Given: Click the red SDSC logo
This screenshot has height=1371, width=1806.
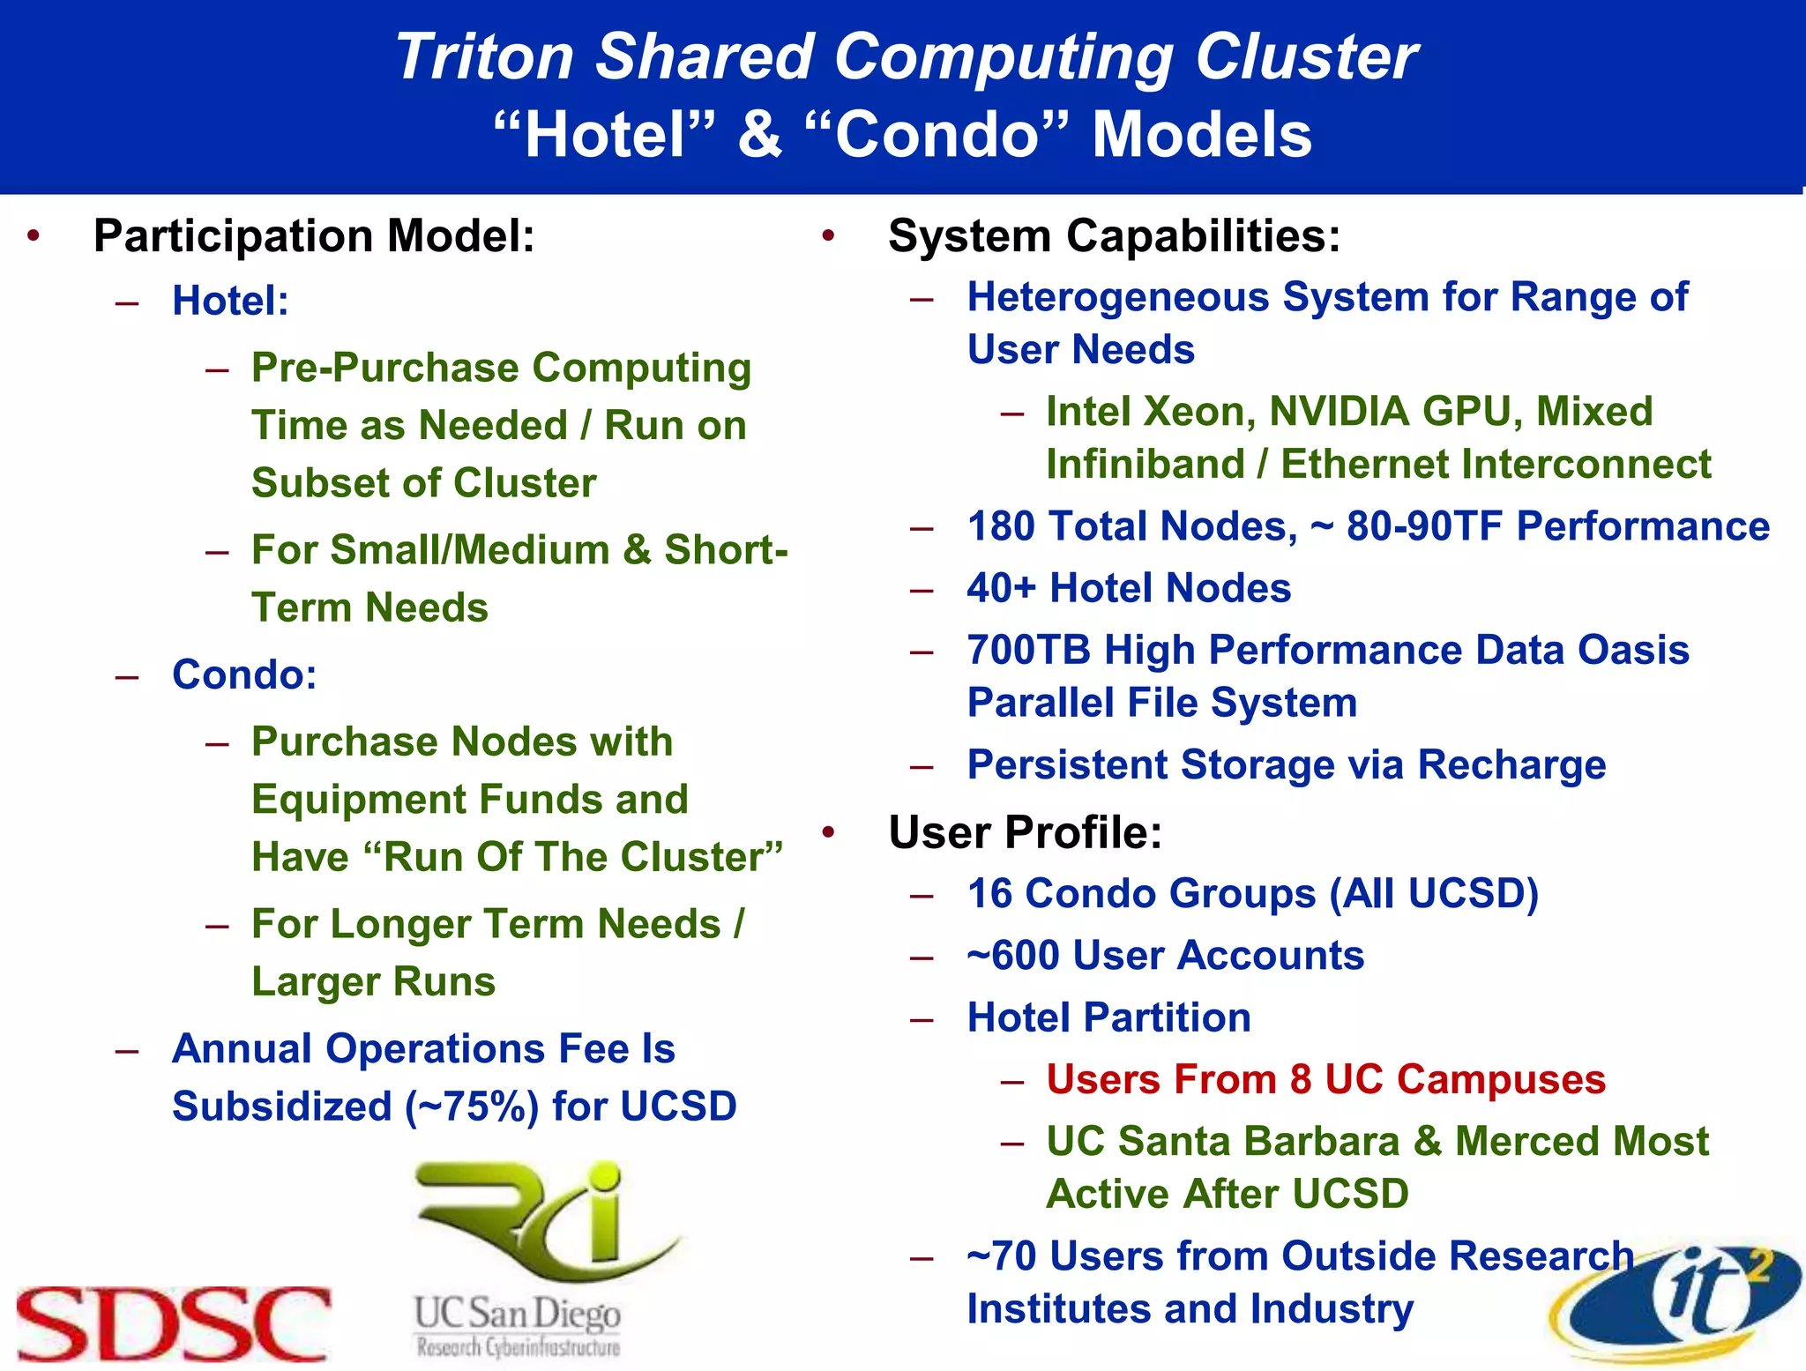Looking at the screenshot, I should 173,1323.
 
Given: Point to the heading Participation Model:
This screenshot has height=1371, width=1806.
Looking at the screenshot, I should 314,236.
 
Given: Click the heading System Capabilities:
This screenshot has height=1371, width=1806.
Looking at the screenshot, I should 1113,236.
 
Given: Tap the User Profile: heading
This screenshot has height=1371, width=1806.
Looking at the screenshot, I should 1025,832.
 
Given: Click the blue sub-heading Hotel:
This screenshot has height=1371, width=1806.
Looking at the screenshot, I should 230,301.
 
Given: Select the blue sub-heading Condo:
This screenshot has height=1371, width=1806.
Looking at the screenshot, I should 244,674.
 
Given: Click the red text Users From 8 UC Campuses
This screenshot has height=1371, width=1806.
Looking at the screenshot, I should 1325,1079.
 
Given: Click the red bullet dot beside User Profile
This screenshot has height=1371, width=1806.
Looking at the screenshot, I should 828,832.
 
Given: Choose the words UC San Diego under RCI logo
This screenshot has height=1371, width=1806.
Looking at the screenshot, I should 518,1314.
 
